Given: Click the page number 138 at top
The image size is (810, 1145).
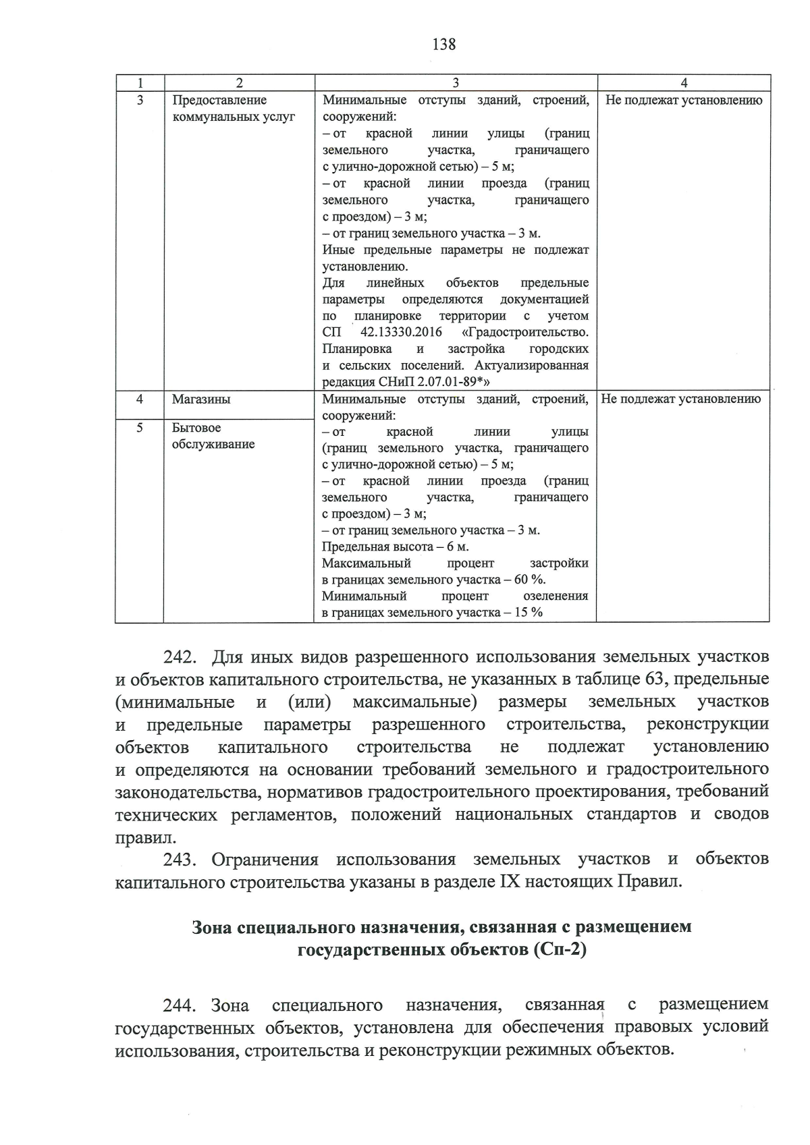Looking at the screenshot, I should [443, 45].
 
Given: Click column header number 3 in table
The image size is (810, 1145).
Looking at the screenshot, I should [456, 83].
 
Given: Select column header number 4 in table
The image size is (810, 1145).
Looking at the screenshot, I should [684, 83].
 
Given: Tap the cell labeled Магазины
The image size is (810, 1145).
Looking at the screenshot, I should [201, 399].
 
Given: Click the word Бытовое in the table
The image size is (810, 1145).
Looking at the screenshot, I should [196, 428].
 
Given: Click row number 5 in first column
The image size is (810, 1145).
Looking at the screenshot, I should [140, 428].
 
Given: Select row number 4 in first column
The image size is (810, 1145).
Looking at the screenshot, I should [140, 399].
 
